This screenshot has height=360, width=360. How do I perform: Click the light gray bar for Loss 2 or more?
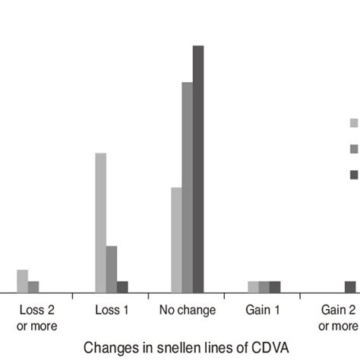22,281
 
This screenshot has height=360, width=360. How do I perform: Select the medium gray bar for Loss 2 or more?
33,286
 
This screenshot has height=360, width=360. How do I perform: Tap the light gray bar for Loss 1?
100,223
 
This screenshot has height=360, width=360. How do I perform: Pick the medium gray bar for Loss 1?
112,269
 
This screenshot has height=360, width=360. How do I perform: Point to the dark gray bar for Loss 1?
122,286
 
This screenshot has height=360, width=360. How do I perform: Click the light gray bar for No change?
176,239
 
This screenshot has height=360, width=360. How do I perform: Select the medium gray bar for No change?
188,187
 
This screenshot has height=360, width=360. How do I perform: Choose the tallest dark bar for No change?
198,169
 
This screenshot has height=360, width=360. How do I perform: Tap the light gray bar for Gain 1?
253,286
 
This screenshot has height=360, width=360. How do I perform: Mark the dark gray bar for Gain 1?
275,286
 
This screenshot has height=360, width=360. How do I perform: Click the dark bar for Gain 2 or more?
350,286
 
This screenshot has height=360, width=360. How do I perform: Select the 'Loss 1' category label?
111,311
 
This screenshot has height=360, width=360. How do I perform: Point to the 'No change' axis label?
188,311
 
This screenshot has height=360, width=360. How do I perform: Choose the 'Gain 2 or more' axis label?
339,318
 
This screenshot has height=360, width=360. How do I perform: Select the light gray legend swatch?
354,122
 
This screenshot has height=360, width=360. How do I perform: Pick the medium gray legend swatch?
354,149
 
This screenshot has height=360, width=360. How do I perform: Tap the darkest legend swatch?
354,175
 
